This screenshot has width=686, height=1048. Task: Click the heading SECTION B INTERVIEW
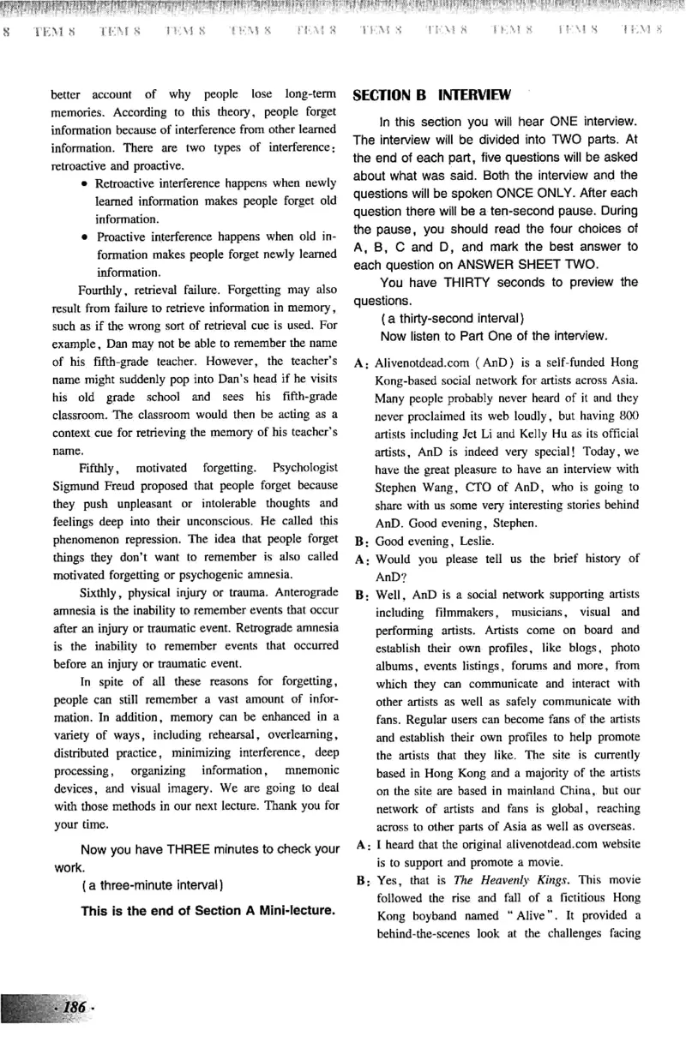click(x=432, y=94)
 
